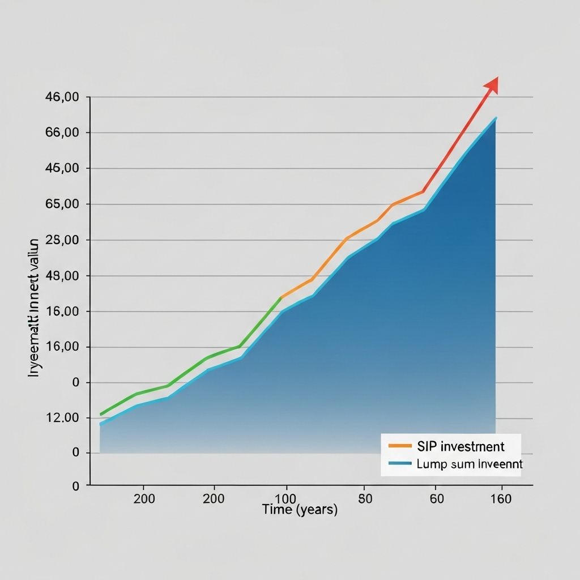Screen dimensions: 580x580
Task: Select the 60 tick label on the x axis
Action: pos(436,499)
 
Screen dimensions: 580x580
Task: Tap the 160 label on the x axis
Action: pos(501,499)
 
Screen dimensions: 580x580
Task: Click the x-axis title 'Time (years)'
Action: pos(300,510)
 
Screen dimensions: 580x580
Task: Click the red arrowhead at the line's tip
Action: pos(492,84)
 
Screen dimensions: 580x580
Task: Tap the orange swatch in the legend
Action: pos(400,446)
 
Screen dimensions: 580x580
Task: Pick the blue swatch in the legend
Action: pos(400,463)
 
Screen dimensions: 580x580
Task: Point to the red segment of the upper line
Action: pos(453,142)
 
